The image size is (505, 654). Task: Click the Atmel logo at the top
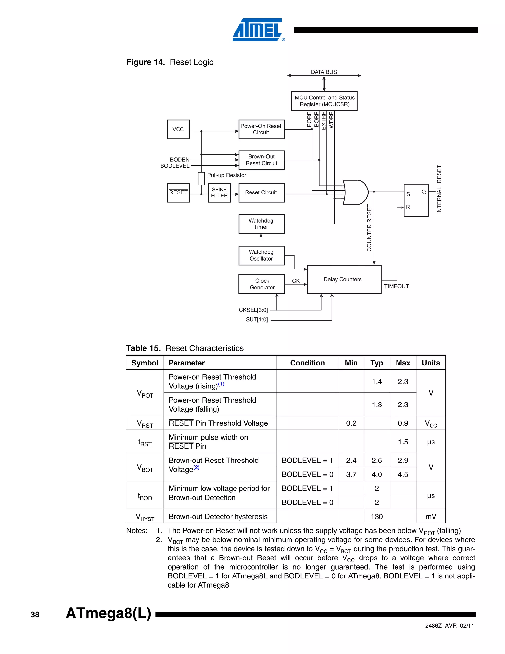click(258, 30)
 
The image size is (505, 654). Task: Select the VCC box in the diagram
click(178, 129)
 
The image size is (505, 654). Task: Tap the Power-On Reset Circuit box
click(261, 129)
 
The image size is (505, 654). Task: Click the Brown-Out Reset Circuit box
click(261, 160)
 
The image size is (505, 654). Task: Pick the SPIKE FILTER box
click(219, 192)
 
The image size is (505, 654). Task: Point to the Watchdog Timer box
click(261, 224)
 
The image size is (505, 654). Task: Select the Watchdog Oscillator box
click(261, 255)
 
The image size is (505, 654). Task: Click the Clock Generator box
click(262, 284)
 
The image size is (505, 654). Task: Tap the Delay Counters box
click(344, 279)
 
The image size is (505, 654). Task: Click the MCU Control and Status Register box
click(324, 101)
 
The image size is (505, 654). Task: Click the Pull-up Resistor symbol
click(201, 178)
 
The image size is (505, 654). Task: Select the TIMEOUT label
click(397, 286)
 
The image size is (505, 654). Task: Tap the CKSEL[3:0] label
click(253, 310)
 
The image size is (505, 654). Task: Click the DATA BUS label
click(324, 72)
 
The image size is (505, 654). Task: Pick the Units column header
click(431, 363)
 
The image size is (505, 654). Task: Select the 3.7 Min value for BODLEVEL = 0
click(351, 474)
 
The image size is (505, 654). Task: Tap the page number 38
click(35, 615)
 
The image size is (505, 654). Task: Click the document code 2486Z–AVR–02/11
click(449, 626)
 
